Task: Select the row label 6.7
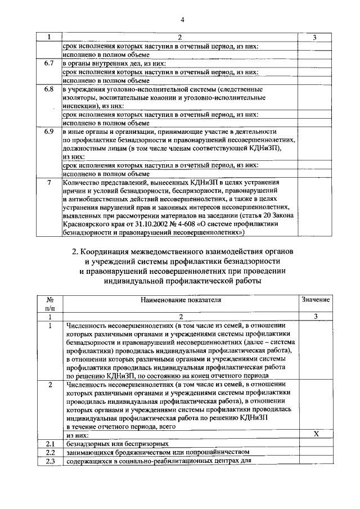point(49,64)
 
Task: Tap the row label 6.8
point(49,89)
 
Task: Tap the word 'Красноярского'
point(87,223)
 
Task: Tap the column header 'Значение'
point(316,300)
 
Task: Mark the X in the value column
point(316,433)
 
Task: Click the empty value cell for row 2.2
point(316,452)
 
